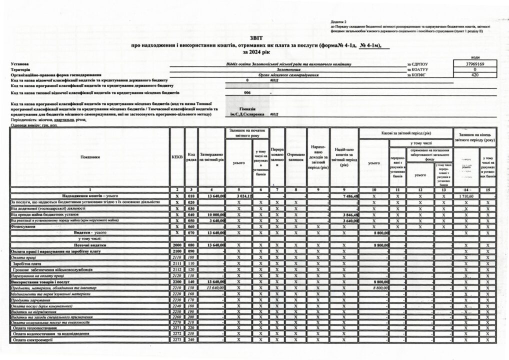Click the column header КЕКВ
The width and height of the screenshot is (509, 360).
(x=177, y=156)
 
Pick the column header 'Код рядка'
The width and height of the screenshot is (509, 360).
(x=191, y=156)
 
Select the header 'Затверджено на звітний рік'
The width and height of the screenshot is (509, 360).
(x=211, y=156)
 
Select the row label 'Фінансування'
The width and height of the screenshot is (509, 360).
(x=24, y=226)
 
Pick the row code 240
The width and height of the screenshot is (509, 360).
(x=191, y=340)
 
